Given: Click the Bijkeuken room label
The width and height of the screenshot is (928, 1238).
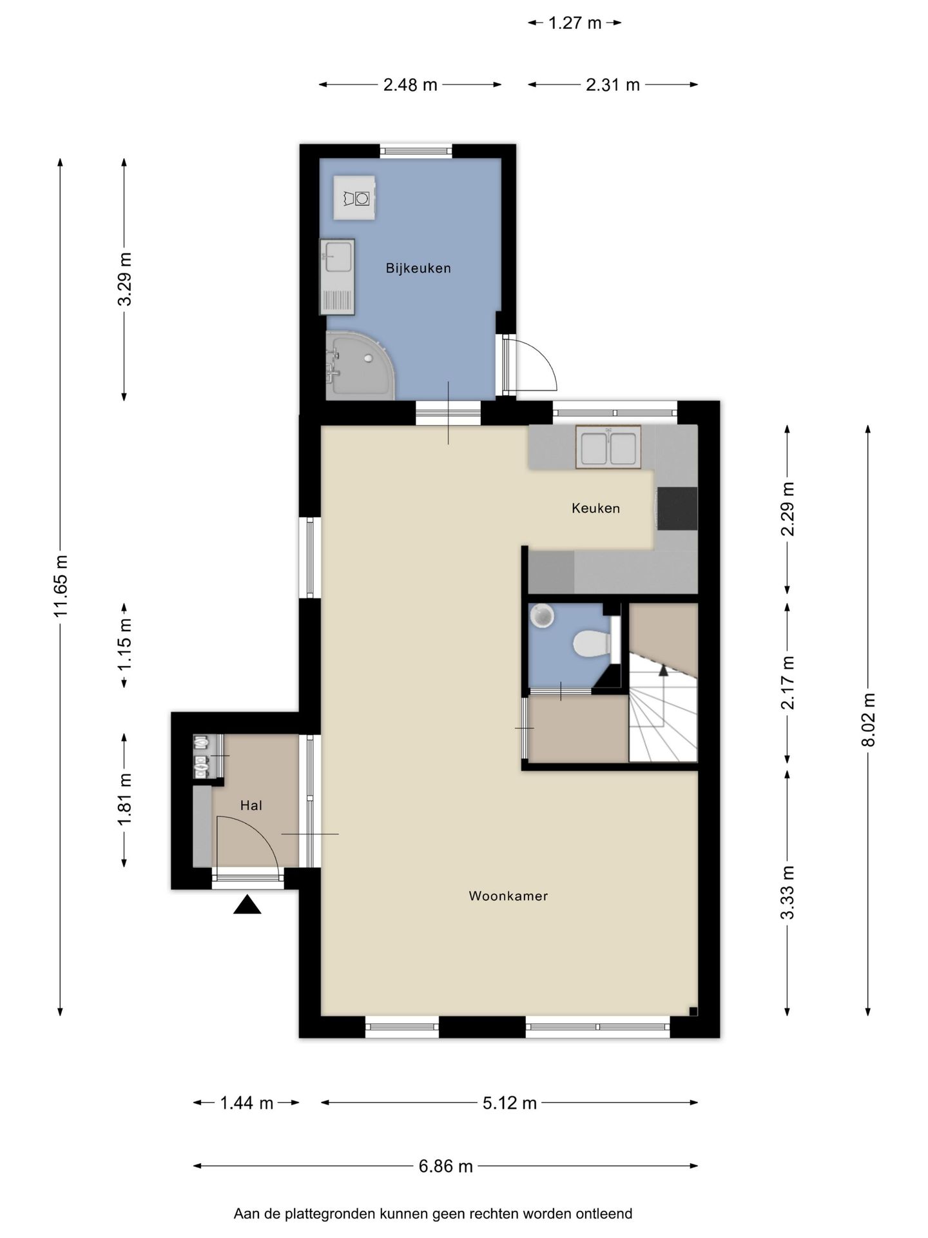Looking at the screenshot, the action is click(x=418, y=268).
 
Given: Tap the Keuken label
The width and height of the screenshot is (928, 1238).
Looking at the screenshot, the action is click(x=596, y=508).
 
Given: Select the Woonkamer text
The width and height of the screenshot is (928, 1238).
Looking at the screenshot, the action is click(x=508, y=896).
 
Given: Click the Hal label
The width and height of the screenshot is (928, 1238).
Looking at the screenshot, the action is click(x=251, y=805).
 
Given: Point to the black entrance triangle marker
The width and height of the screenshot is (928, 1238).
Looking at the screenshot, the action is click(x=247, y=905).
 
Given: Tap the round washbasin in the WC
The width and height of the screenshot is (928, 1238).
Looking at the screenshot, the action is click(x=542, y=615).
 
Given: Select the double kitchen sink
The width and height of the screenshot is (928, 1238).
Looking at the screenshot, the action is click(x=608, y=447).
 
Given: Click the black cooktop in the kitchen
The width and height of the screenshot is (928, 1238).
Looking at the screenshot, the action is click(x=677, y=508).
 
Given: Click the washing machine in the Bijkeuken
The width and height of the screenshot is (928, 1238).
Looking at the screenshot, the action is click(x=354, y=197).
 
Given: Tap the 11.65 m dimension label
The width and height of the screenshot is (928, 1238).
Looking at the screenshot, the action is click(x=61, y=586).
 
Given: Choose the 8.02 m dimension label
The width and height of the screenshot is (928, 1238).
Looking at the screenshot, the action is click(x=868, y=720).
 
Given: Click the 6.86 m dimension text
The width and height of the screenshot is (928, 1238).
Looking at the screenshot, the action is click(x=446, y=1166).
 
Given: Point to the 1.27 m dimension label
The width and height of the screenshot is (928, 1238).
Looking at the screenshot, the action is click(x=575, y=23).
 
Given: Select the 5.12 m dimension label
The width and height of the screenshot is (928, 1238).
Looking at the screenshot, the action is click(x=510, y=1103).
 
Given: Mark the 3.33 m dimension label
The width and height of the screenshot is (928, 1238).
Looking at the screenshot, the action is click(x=787, y=893).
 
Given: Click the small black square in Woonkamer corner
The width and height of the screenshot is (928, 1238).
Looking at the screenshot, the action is click(x=692, y=1010).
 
